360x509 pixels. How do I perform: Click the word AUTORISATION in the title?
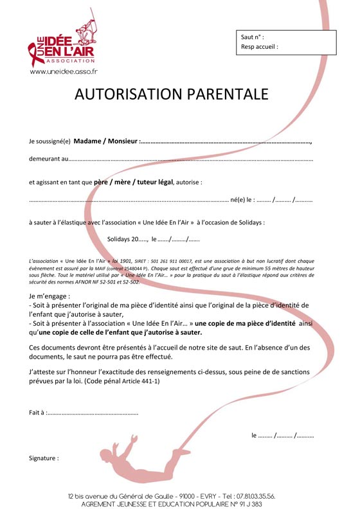[128, 94]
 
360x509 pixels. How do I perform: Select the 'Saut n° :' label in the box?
[253, 37]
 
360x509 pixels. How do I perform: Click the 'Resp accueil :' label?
[260, 47]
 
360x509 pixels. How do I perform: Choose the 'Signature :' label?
[44, 458]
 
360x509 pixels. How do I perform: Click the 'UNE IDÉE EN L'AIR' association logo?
[63, 41]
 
